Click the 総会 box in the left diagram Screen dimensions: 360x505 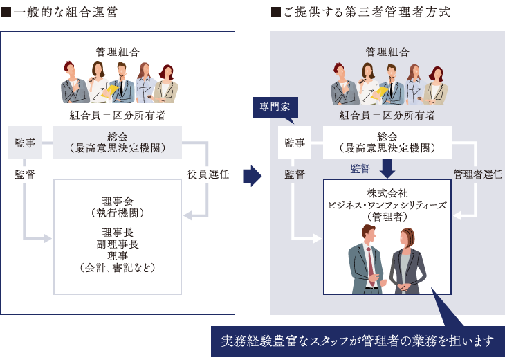118,142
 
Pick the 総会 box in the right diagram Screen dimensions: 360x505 387,142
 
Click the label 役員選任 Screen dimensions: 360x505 208,174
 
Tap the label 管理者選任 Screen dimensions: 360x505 477,174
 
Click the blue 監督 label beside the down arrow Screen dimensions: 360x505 360,168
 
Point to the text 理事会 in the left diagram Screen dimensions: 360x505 118,201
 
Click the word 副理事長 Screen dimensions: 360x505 118,244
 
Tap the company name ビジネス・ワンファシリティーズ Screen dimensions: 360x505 387,205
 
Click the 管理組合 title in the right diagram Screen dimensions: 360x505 387,52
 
